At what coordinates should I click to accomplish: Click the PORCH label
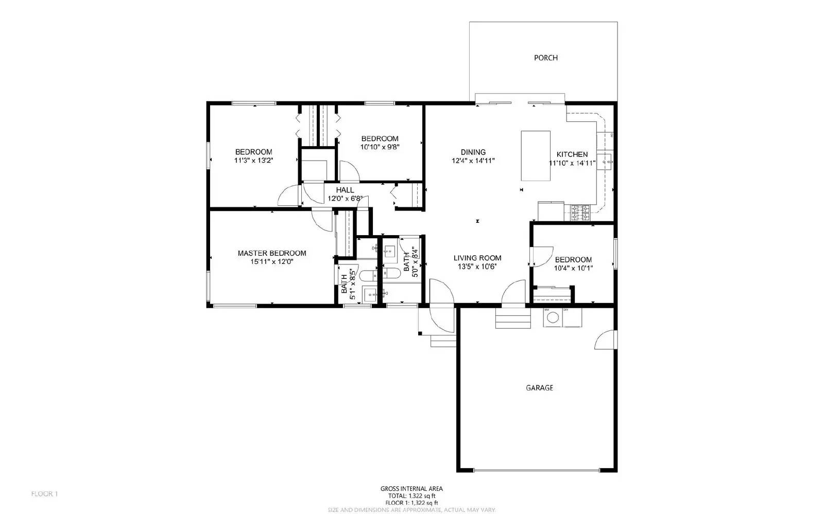tap(545, 58)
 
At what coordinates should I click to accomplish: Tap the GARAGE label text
tap(539, 387)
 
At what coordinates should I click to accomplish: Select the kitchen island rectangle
tap(536, 156)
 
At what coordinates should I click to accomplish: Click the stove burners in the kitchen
tap(580, 213)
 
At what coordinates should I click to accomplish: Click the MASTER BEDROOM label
tap(271, 253)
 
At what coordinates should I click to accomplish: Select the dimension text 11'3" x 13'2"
tap(253, 161)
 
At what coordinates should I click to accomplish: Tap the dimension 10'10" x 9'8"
tap(380, 147)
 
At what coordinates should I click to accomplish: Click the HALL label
tap(345, 190)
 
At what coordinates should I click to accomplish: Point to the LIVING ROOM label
tap(477, 258)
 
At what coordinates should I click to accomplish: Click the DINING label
tap(473, 152)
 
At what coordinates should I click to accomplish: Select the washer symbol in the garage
tap(553, 317)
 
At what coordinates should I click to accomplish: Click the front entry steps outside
tap(443, 341)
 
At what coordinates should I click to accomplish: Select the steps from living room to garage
tap(513, 317)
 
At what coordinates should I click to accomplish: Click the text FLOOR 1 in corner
tap(44, 494)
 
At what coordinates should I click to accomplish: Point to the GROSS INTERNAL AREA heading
tap(411, 489)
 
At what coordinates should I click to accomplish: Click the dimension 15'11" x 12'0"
tap(271, 261)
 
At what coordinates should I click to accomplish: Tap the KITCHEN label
tap(572, 154)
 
